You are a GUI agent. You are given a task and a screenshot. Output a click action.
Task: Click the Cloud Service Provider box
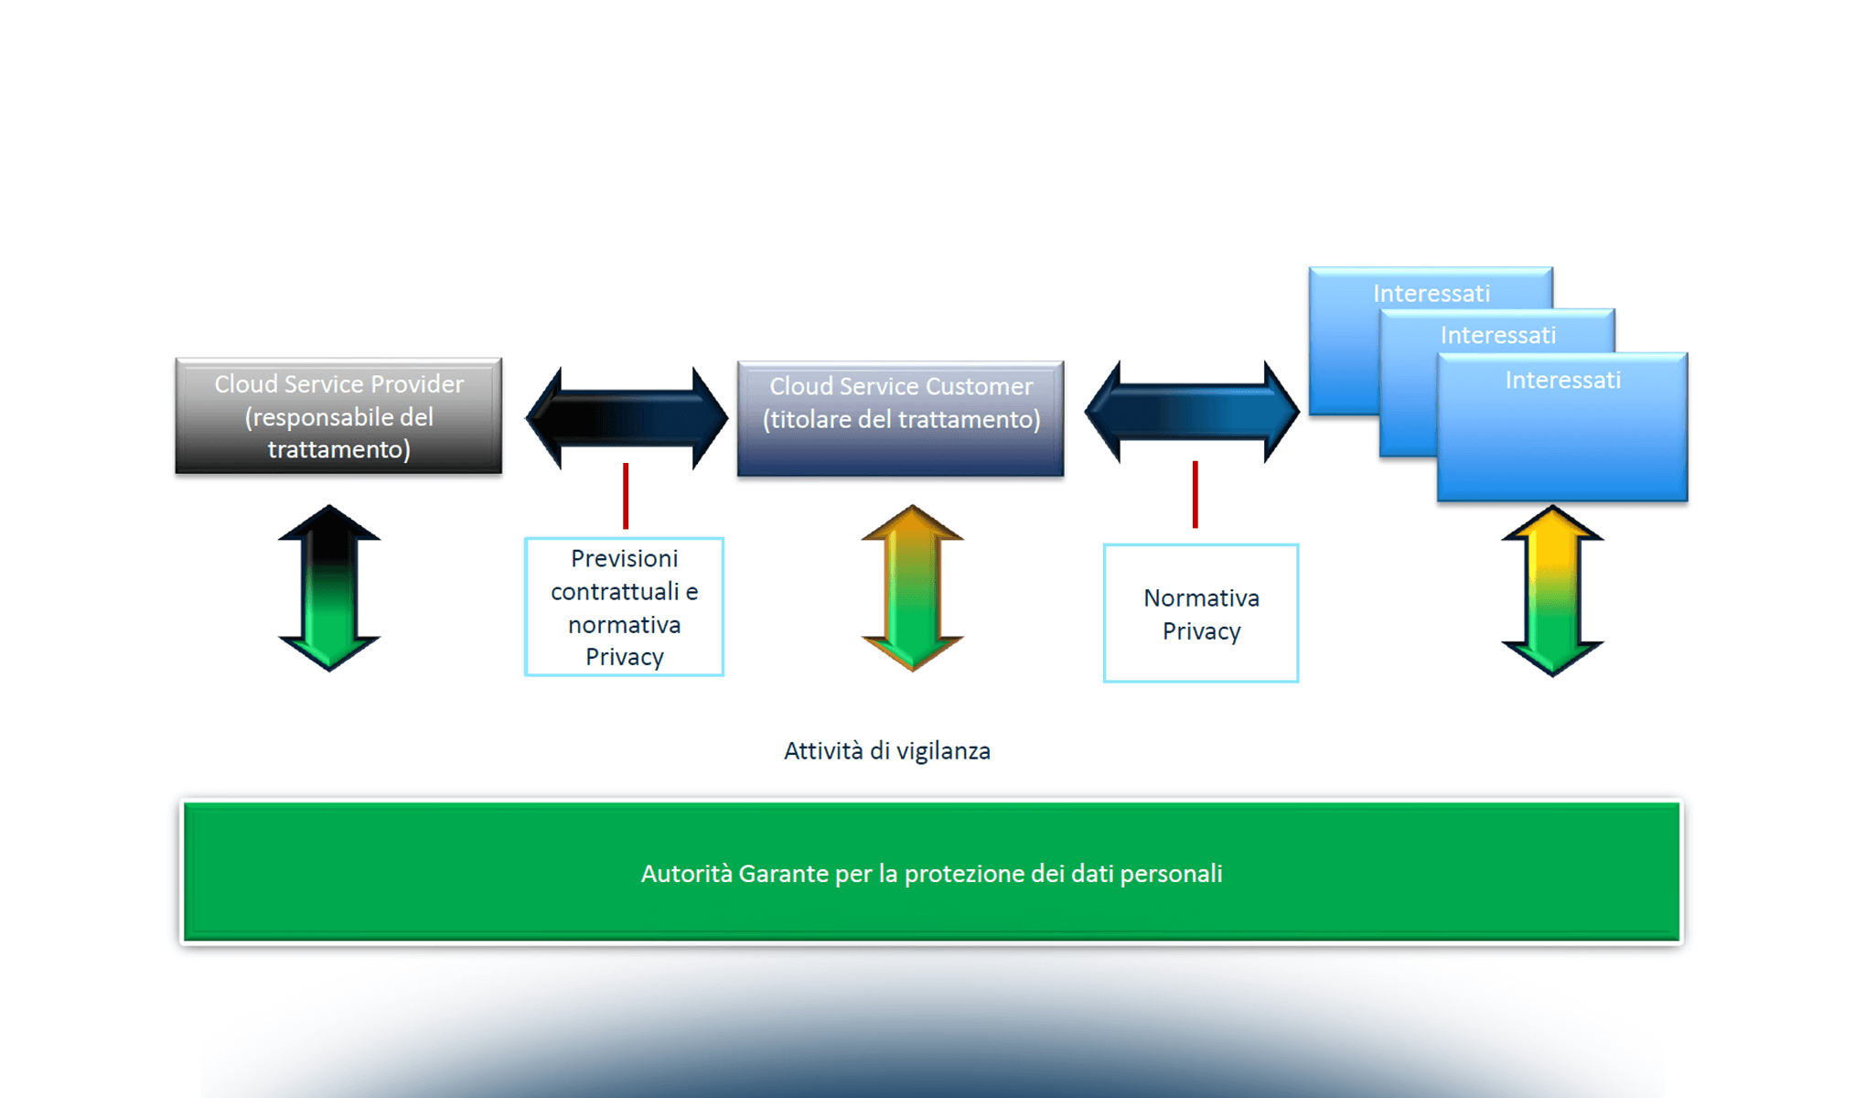pyautogui.click(x=338, y=416)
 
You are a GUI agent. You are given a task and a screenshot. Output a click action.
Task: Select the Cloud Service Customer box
pyautogui.click(x=900, y=419)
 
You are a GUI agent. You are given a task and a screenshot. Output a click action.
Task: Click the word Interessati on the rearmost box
pyautogui.click(x=1431, y=294)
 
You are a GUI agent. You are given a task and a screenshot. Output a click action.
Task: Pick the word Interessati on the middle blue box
pyautogui.click(x=1497, y=336)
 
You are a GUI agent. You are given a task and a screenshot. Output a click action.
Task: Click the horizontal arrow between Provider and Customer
pyautogui.click(x=627, y=418)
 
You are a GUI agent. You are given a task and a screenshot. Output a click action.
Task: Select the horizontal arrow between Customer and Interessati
pyautogui.click(x=1191, y=412)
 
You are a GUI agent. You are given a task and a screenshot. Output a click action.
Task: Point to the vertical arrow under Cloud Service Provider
pyautogui.click(x=329, y=587)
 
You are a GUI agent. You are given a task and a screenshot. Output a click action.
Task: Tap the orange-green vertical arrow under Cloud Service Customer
pyautogui.click(x=912, y=587)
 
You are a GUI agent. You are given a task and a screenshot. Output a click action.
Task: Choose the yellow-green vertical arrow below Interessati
pyautogui.click(x=1552, y=590)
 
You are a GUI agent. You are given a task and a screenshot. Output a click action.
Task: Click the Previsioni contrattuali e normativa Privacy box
pyautogui.click(x=624, y=608)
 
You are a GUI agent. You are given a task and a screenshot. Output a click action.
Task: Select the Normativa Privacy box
pyautogui.click(x=1200, y=614)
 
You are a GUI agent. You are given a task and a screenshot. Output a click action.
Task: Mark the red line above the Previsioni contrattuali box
pyautogui.click(x=626, y=496)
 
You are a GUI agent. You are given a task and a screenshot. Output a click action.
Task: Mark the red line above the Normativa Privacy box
pyautogui.click(x=1195, y=494)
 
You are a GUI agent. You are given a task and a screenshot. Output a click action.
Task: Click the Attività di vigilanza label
pyautogui.click(x=886, y=751)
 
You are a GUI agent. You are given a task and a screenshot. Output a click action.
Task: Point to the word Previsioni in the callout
pyautogui.click(x=624, y=558)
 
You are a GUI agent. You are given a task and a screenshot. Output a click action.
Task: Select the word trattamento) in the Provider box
pyautogui.click(x=338, y=450)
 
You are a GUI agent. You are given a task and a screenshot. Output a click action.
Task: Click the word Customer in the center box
pyautogui.click(x=982, y=387)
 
